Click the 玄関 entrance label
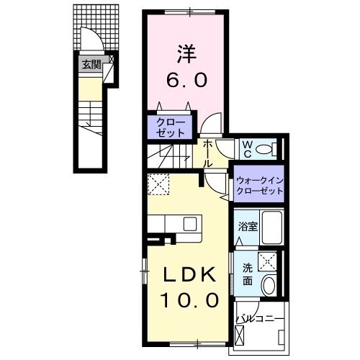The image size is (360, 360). click(90, 66)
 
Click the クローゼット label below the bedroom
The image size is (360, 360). click(171, 128)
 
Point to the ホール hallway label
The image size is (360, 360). click(208, 153)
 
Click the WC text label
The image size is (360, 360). click(246, 149)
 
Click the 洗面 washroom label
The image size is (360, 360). click(246, 274)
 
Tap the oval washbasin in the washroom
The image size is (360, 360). click(269, 286)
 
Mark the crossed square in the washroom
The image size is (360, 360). click(269, 260)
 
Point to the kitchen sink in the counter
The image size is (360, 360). click(191, 224)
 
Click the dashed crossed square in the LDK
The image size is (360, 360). click(158, 185)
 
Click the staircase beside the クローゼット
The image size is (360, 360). click(167, 153)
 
